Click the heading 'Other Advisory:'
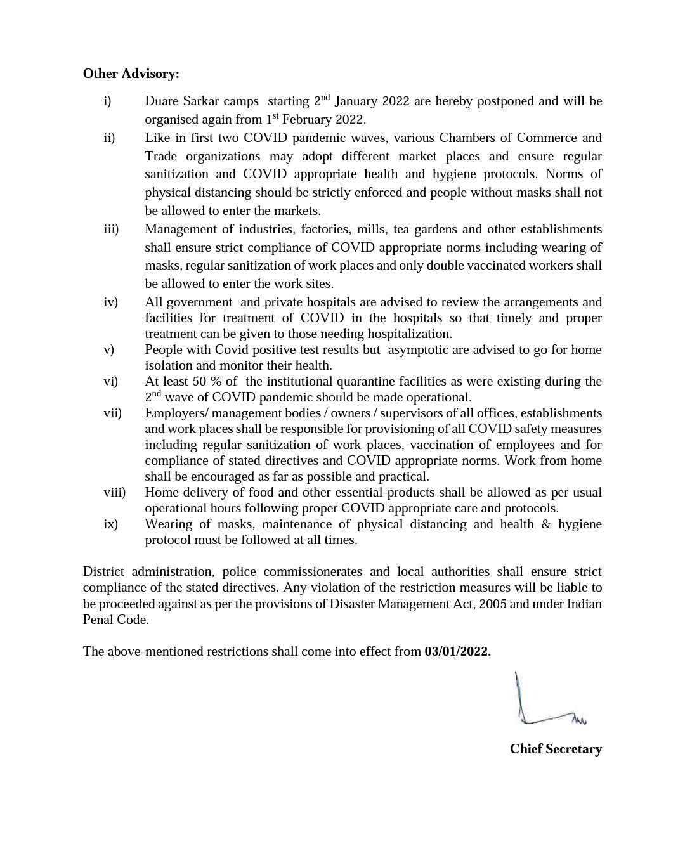(131, 74)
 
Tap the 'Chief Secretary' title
(556, 749)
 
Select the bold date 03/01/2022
(457, 651)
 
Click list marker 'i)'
(107, 101)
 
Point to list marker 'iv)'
(110, 302)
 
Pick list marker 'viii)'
(114, 493)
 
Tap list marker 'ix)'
(110, 524)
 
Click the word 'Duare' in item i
(162, 101)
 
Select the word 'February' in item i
(308, 120)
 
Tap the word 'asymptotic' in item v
(419, 350)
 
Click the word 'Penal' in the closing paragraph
(98, 620)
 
